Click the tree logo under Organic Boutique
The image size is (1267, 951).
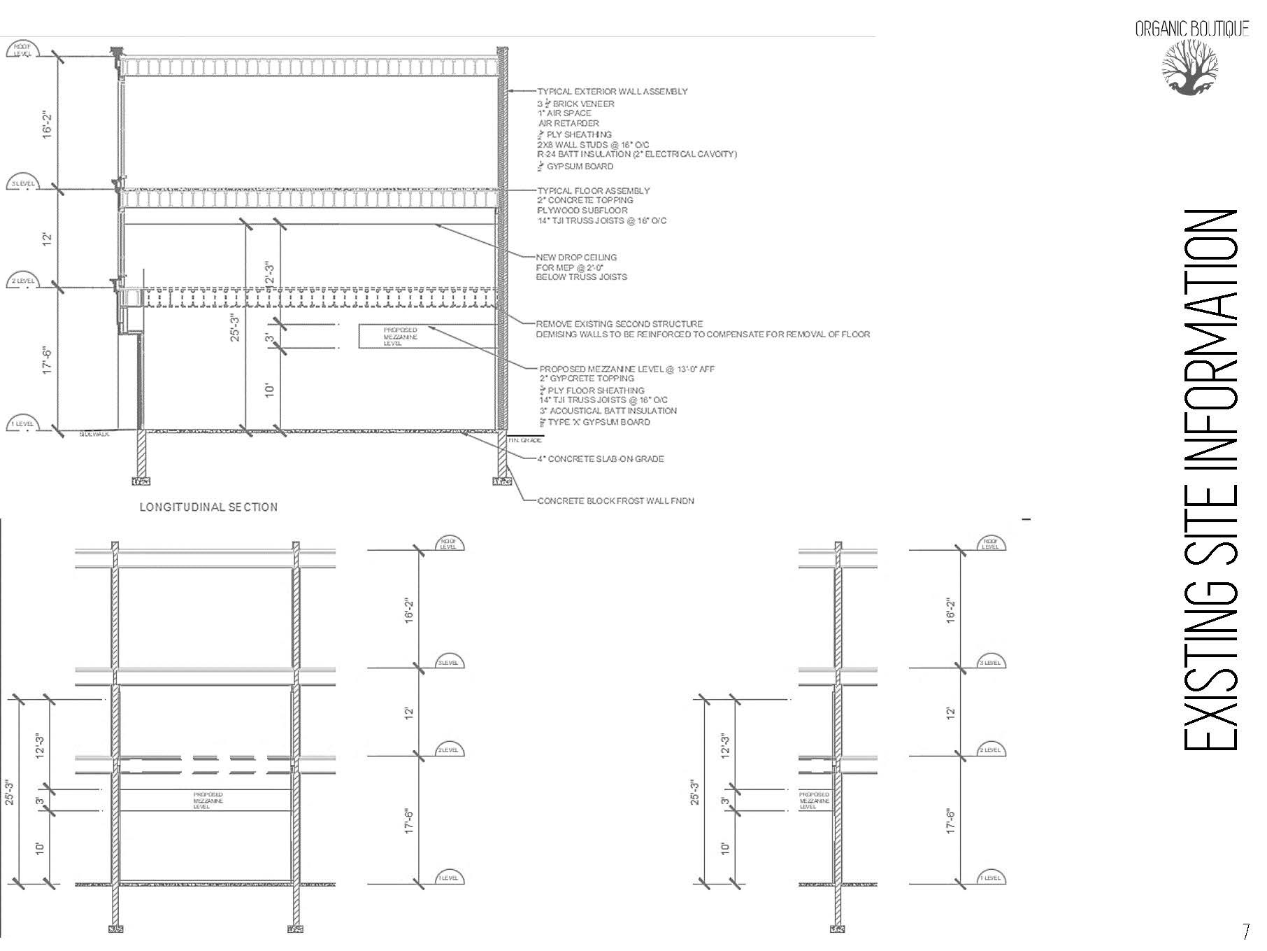[x=1190, y=67]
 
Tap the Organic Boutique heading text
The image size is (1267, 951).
[x=1191, y=29]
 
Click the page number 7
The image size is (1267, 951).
[x=1245, y=931]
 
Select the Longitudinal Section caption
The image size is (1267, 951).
[x=208, y=507]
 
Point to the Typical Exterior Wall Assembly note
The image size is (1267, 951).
[x=612, y=92]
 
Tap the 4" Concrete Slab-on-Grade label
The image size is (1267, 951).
[x=600, y=459]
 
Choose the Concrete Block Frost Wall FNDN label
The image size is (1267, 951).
[x=615, y=501]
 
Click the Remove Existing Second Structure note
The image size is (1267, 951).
[x=619, y=324]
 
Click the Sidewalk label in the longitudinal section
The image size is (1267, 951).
[x=94, y=435]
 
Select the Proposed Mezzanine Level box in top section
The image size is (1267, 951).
[x=400, y=337]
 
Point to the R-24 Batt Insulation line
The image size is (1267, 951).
[x=636, y=154]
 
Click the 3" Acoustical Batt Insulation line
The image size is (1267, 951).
[x=608, y=411]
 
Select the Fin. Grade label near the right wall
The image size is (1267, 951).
[x=524, y=440]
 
